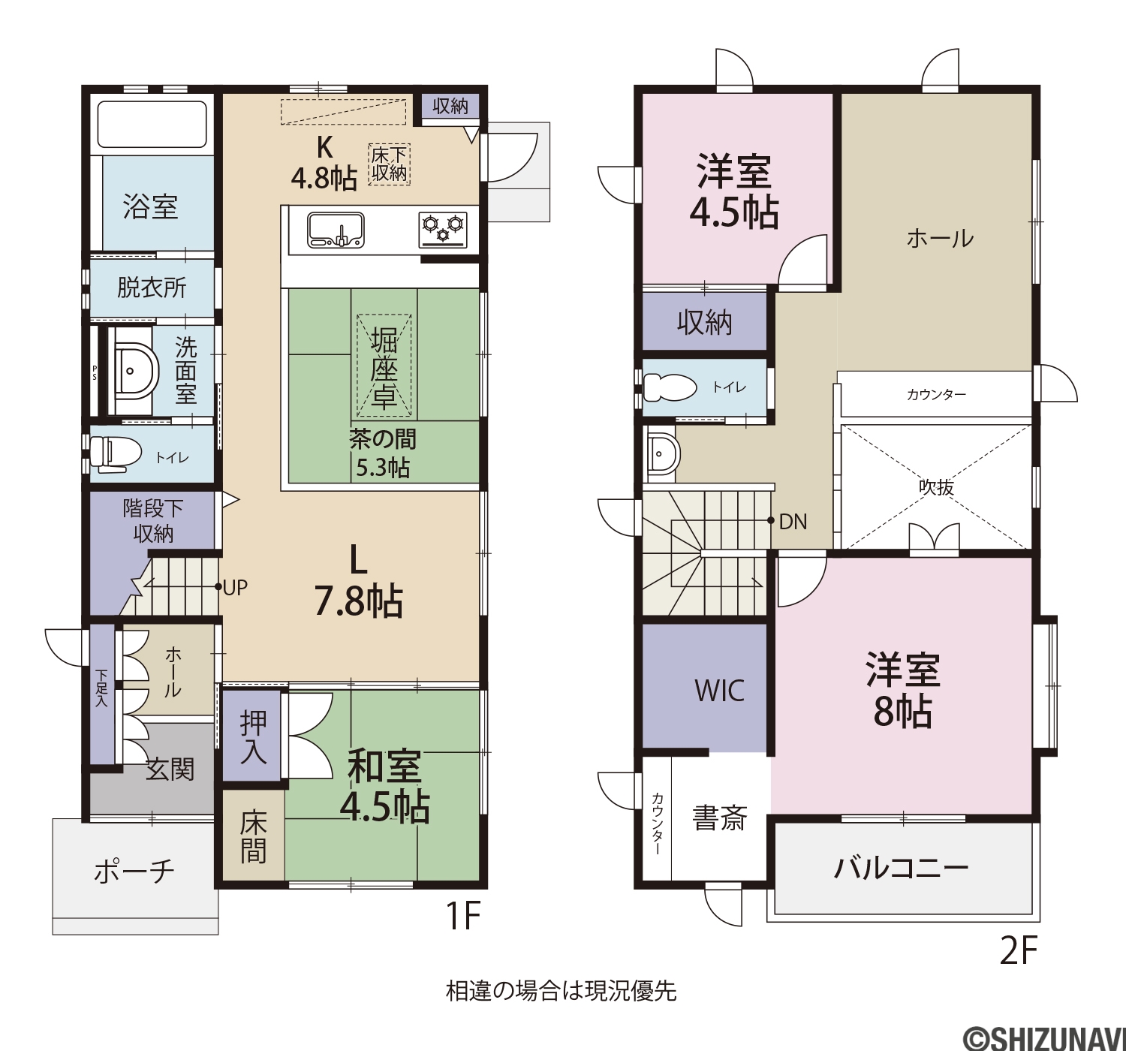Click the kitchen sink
tap(336, 230)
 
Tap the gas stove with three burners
tap(443, 230)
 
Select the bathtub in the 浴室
tap(152, 124)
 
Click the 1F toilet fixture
tap(116, 453)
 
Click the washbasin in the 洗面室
tap(133, 372)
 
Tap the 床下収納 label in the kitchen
tap(389, 164)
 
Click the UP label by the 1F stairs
tap(235, 588)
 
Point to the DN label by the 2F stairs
tap(793, 521)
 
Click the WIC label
tap(719, 690)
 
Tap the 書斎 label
tap(719, 818)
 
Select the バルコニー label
tap(902, 868)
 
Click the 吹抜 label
tap(936, 486)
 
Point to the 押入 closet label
tap(253, 736)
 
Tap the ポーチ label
tap(134, 871)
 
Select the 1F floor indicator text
tap(463, 915)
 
